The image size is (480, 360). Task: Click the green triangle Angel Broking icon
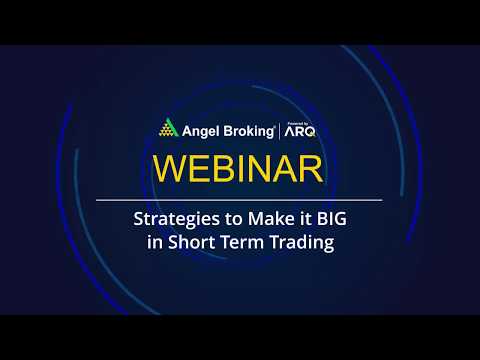click(x=167, y=129)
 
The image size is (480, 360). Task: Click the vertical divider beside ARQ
click(x=282, y=129)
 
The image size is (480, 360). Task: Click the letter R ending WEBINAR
click(x=308, y=169)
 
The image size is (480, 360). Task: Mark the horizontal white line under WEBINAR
click(x=240, y=200)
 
